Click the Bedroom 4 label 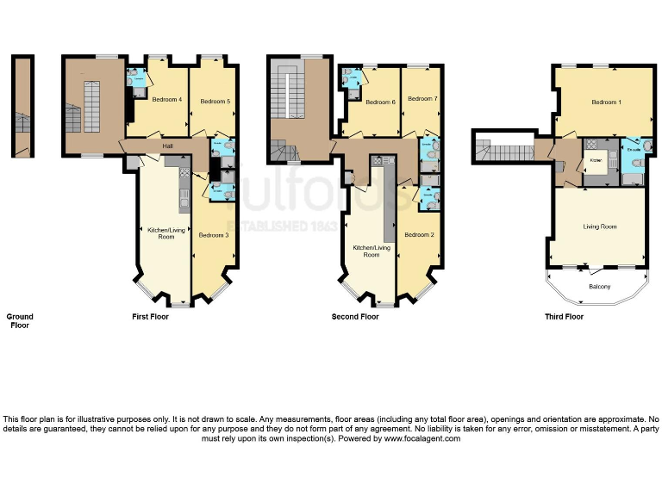coord(167,100)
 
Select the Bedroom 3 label coord(213,235)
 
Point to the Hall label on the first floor coord(167,146)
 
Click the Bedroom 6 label coord(380,102)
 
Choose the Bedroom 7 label coord(422,99)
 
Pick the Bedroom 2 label coord(418,235)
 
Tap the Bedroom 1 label coord(606,102)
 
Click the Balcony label coord(600,287)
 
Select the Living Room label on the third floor coord(600,226)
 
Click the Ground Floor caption coord(20,321)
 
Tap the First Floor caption coord(150,317)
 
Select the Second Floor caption coord(355,317)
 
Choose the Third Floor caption coord(564,317)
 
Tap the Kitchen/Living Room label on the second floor coord(372,251)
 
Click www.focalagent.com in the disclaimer coord(422,438)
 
